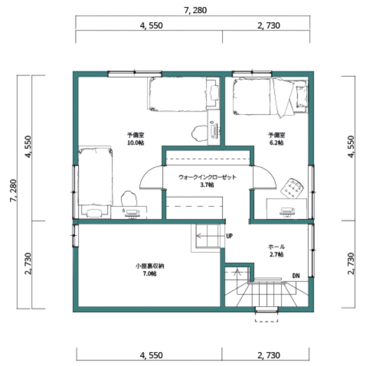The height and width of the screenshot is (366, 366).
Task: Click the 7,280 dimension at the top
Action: (x=195, y=10)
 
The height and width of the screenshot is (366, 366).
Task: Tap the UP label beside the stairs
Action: (x=229, y=236)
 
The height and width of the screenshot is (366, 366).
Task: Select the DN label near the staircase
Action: (x=296, y=276)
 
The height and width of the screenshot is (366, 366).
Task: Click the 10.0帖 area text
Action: (x=135, y=143)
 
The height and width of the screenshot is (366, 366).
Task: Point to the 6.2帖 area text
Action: (x=277, y=143)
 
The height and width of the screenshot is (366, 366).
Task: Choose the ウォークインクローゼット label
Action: (x=208, y=177)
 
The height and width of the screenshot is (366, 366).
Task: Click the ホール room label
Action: (x=277, y=247)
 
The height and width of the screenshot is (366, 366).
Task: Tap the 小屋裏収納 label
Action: (x=150, y=266)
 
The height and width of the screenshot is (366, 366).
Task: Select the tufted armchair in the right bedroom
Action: (x=292, y=188)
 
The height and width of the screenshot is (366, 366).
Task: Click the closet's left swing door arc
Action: (x=147, y=173)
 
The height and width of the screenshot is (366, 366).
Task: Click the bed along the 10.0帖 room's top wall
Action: (x=177, y=94)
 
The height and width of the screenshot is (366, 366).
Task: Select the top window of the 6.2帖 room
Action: (x=252, y=74)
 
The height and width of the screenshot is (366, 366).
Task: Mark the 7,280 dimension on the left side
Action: (x=13, y=191)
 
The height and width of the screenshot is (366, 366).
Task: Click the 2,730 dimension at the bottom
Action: (x=269, y=355)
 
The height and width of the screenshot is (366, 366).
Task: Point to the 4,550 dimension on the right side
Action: (x=351, y=147)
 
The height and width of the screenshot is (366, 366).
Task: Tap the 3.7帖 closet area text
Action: (x=207, y=185)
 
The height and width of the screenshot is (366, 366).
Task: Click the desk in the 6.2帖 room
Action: (x=287, y=209)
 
